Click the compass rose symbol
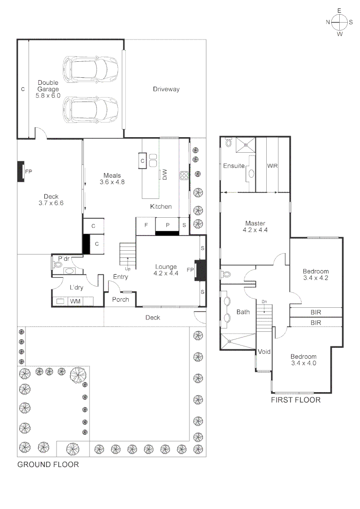[x=339, y=22]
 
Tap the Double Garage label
[x=48, y=89]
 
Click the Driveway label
[x=166, y=89]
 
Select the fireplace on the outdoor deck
[x=22, y=172]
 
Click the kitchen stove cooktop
[x=184, y=176]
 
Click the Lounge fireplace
[x=200, y=270]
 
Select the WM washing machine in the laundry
[x=75, y=301]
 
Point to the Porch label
[x=121, y=300]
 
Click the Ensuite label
[x=234, y=166]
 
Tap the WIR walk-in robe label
[x=272, y=166]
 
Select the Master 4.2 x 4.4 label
[x=254, y=227]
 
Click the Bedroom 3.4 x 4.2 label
[x=315, y=275]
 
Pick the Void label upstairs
[x=263, y=352]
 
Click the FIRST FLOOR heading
[x=295, y=400]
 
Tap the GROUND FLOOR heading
[x=48, y=464]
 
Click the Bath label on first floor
[x=243, y=312]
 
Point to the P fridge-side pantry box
[x=167, y=225]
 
